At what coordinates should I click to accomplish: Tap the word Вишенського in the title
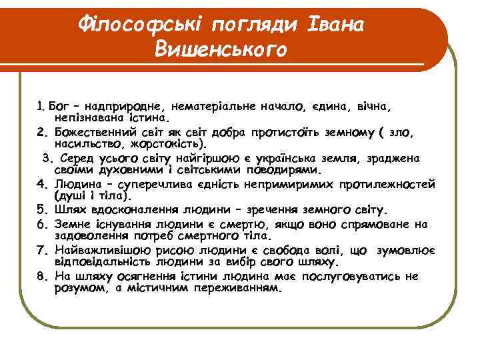click(x=220, y=49)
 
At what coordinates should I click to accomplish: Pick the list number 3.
click(x=47, y=159)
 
